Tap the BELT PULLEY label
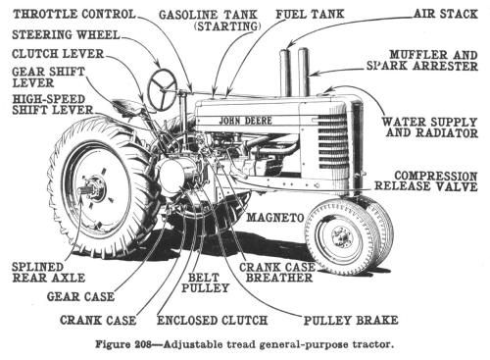[x=209, y=284]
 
